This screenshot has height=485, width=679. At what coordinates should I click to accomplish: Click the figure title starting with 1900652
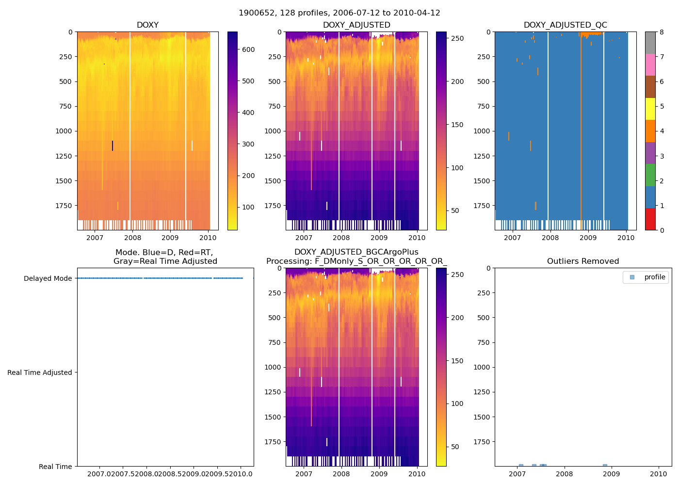point(339,13)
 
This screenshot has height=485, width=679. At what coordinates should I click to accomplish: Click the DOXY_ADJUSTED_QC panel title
point(565,25)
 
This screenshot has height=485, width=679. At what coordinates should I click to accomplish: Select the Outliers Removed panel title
point(583,261)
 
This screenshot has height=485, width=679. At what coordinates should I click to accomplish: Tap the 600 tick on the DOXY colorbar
point(248,49)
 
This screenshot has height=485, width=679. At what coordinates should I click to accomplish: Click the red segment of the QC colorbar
point(650,219)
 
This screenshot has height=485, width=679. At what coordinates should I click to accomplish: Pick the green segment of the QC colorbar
point(650,175)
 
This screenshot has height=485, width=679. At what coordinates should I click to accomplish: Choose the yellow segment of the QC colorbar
point(650,109)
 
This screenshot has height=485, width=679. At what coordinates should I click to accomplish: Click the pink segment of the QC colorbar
point(650,65)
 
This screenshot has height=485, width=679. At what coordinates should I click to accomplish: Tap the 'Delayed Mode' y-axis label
point(48,278)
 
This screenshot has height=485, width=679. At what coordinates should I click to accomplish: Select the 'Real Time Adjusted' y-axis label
point(40,372)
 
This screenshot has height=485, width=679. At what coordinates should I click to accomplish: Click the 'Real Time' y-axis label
point(55,467)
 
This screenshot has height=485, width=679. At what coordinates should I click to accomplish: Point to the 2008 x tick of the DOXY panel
point(132,238)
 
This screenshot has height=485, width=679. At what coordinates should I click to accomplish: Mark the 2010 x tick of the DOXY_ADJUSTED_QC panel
point(626,238)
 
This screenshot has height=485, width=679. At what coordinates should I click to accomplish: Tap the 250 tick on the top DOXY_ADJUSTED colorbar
point(457,38)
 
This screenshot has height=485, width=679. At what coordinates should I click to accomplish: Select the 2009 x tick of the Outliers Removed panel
point(611,474)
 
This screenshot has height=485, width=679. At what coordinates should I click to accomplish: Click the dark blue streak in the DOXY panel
point(113,145)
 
